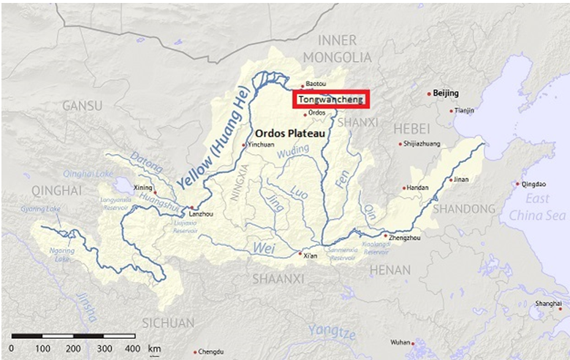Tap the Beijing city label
[x=446, y=93]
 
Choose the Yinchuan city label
[x=262, y=145]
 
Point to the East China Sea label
[x=539, y=208]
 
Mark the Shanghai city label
[x=548, y=303]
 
